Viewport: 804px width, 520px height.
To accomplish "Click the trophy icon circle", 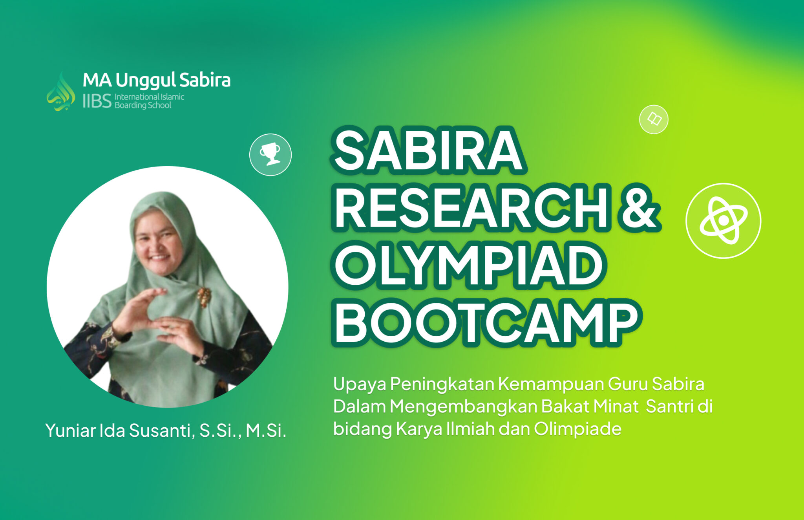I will (x=270, y=154).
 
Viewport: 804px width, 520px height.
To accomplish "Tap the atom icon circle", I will (x=723, y=221).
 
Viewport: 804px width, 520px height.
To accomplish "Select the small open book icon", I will (x=654, y=119).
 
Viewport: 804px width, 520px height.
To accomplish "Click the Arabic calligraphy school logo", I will (x=61, y=92).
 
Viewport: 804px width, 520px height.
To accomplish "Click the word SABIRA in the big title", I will (x=428, y=151).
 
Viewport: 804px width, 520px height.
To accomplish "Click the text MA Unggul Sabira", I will (x=156, y=80).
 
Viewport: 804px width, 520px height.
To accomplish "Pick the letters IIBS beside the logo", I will (x=97, y=101).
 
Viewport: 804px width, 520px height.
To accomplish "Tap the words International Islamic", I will (x=149, y=97).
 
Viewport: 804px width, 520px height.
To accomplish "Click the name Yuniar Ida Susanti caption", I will (x=120, y=430).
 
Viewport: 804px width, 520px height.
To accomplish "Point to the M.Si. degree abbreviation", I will (x=266, y=430).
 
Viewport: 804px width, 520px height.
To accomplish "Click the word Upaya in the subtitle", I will (x=360, y=384).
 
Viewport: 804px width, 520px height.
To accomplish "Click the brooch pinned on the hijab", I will (x=204, y=297).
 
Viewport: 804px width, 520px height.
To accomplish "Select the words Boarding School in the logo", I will (x=143, y=105).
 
